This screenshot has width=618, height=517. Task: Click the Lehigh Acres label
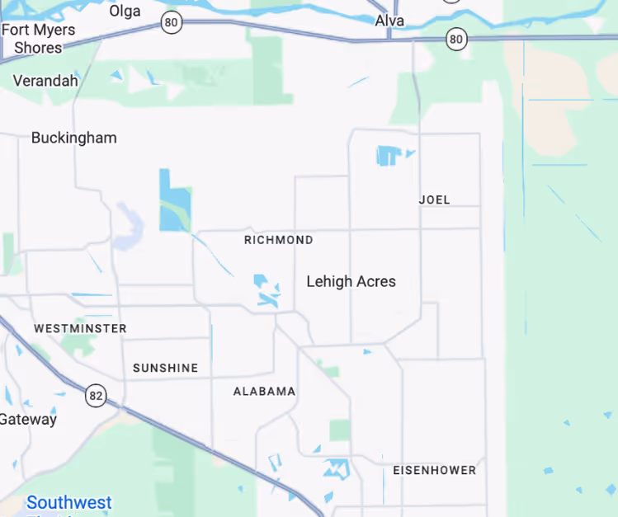351,281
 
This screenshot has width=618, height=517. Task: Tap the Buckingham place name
73,138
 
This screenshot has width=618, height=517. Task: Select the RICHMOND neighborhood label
278,240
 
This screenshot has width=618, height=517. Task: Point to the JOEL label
434,200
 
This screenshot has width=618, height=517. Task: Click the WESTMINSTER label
80,328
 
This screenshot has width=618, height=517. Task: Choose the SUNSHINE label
165,368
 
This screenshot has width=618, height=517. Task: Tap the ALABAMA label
264,391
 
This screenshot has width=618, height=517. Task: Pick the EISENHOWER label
434,470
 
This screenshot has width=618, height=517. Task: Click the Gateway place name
28,419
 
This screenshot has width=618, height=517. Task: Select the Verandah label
45,81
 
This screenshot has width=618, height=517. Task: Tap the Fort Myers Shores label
38,39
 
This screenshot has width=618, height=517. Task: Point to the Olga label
125,12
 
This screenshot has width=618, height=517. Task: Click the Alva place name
389,20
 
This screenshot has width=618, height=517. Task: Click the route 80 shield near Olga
171,22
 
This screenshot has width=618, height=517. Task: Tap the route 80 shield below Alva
455,38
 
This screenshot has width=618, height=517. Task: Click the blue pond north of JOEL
388,155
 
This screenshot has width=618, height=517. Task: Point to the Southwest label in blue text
68,502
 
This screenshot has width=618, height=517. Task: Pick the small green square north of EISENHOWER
339,430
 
